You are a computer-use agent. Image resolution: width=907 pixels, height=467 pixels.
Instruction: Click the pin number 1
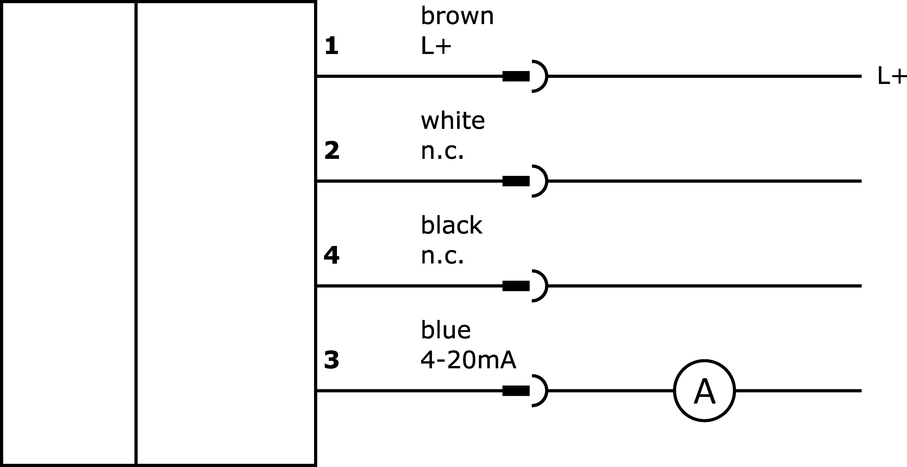pyautogui.click(x=331, y=46)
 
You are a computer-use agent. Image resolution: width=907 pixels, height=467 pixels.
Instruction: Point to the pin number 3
pyautogui.click(x=332, y=360)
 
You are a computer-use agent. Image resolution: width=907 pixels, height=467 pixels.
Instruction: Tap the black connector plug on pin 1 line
pyautogui.click(x=516, y=76)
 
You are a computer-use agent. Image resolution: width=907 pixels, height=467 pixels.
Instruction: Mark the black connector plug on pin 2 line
pyautogui.click(x=516, y=181)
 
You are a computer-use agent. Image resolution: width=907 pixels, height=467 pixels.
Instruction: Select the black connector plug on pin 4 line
pyautogui.click(x=516, y=286)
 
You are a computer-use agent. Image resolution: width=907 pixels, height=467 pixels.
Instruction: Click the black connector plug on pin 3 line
pyautogui.click(x=516, y=391)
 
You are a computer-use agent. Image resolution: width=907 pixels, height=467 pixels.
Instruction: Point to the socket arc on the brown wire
pyautogui.click(x=547, y=76)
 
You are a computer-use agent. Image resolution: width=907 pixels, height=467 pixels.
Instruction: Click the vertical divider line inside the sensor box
pyautogui.click(x=136, y=233)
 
